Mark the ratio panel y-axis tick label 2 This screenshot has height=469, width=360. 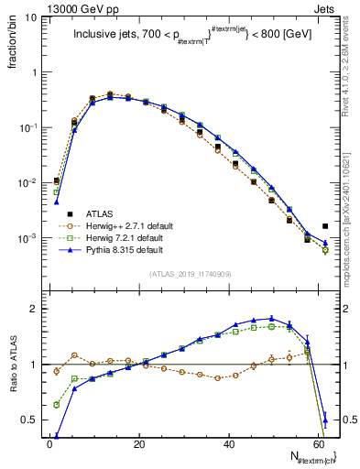pyautogui.click(x=35, y=309)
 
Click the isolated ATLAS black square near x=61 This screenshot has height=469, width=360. pyautogui.click(x=325, y=226)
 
